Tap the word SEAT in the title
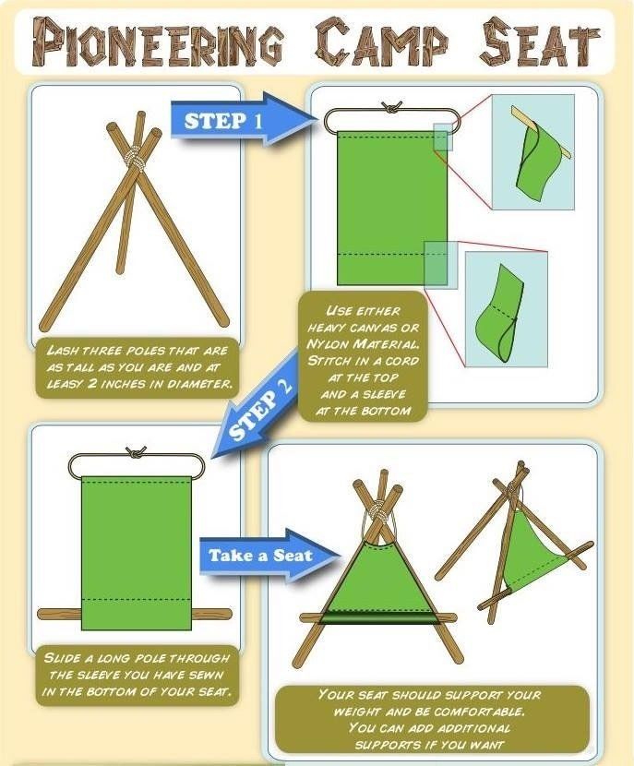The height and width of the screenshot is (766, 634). pyautogui.click(x=539, y=42)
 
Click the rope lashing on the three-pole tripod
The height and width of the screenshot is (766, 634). pyautogui.click(x=136, y=155)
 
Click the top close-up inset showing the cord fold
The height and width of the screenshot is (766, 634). pyautogui.click(x=532, y=152)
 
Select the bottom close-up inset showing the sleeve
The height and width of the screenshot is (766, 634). pyautogui.click(x=506, y=309)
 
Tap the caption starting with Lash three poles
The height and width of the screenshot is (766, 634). pyautogui.click(x=138, y=367)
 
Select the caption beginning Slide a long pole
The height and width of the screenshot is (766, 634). pyautogui.click(x=136, y=676)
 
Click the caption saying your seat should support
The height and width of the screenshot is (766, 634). pyautogui.click(x=430, y=719)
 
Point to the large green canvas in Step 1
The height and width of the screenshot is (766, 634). pyautogui.click(x=391, y=208)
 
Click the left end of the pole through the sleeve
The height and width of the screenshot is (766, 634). pyautogui.click(x=40, y=614)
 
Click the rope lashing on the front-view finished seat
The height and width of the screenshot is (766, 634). pyautogui.click(x=378, y=513)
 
